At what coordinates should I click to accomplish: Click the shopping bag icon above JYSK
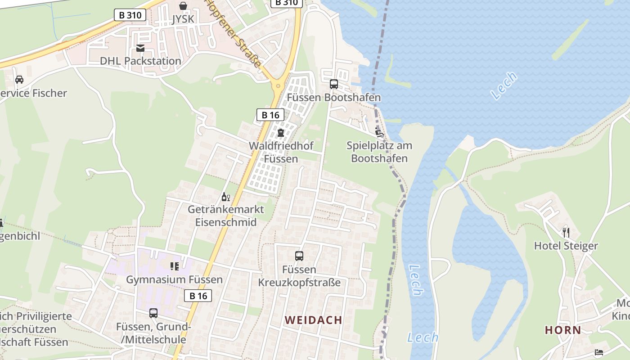[x=183, y=6]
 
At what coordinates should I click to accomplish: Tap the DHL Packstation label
[x=140, y=61]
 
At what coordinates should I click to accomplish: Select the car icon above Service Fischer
[x=19, y=80]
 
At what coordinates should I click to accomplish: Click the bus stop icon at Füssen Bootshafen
[x=334, y=84]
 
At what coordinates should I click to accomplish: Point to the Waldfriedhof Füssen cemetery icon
[x=281, y=133]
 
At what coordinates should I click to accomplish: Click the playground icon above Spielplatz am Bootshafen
[x=379, y=132]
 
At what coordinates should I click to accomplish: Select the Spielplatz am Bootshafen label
[x=379, y=152]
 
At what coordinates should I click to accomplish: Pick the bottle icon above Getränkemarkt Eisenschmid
[x=225, y=197]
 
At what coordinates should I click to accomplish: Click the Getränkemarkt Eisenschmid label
[x=226, y=216]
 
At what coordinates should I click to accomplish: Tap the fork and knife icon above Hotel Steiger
[x=566, y=232]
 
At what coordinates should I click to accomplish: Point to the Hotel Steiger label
[x=566, y=246]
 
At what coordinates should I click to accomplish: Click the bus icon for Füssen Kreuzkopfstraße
[x=299, y=256]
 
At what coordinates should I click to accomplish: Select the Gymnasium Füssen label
[x=174, y=279]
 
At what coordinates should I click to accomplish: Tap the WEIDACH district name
[x=314, y=320]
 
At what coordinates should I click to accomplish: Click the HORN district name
[x=563, y=330]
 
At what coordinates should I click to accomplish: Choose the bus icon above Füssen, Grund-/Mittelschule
[x=153, y=313]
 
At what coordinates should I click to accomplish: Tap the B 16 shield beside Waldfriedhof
[x=270, y=115]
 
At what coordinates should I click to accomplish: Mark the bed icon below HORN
[x=598, y=352]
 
